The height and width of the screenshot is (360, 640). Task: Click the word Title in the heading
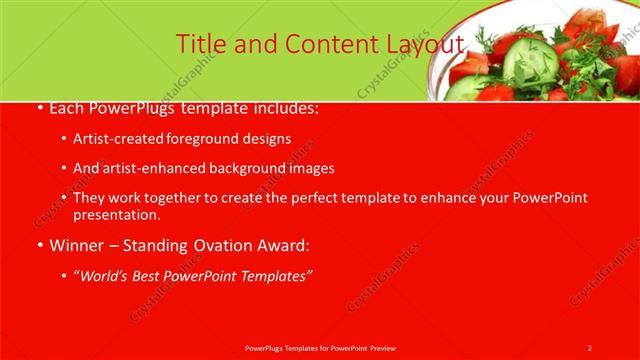click(199, 44)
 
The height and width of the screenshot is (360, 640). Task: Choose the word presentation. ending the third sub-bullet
click(117, 214)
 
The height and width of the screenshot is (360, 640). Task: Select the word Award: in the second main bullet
click(285, 245)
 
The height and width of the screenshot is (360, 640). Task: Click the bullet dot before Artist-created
click(64, 140)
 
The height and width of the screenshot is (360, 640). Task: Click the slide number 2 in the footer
click(589, 348)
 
